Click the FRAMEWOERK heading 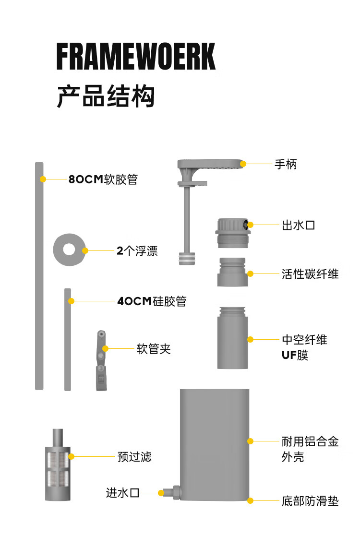tap(136, 57)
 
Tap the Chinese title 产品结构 tap(106, 96)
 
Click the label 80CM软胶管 tap(103, 179)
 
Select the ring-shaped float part tap(69, 250)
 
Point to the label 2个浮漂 tap(137, 251)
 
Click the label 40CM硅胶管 tap(152, 301)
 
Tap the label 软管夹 tap(154, 349)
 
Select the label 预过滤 tap(134, 456)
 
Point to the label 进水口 tap(122, 493)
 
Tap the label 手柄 tap(286, 164)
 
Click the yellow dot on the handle tap(243, 164)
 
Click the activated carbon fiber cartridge tap(232, 272)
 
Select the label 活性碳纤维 tap(310, 274)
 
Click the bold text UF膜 tap(295, 355)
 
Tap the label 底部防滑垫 tap(310, 501)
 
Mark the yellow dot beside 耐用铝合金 tap(250, 441)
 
